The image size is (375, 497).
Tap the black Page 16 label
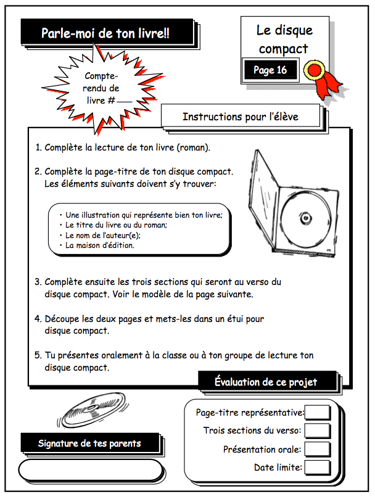[x=270, y=70]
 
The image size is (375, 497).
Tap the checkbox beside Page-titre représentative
[x=318, y=413]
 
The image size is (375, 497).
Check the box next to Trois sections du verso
[x=318, y=430]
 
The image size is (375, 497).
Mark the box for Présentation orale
[x=318, y=449]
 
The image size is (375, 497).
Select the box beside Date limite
[x=318, y=467]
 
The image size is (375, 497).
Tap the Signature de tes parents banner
[x=89, y=443]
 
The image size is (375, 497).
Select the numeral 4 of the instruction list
[x=38, y=319]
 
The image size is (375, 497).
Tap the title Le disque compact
[x=284, y=39]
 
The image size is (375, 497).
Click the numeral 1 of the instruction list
[x=38, y=148]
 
